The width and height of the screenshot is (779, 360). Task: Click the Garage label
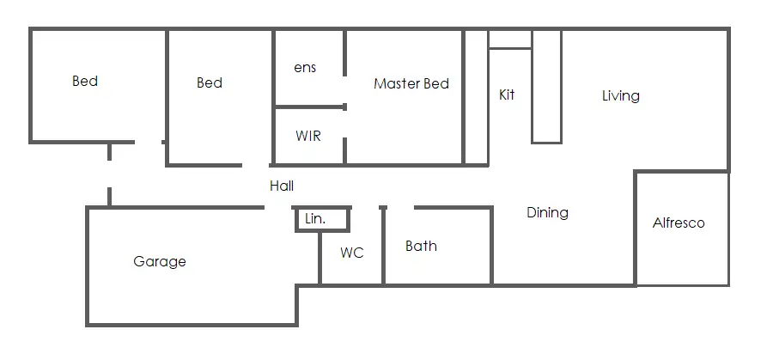[160, 262]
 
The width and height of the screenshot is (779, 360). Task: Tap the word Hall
[282, 186]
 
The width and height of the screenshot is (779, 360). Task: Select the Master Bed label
[411, 84]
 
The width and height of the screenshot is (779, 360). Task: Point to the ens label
[305, 68]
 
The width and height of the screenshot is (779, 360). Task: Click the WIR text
[308, 136]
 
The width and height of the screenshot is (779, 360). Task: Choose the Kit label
[507, 95]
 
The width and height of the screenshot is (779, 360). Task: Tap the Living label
[620, 95]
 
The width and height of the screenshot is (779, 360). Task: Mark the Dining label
[547, 213]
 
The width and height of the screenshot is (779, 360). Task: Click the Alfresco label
[679, 223]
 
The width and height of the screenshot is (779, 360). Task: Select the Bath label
[421, 247]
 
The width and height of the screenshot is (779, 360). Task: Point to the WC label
[352, 253]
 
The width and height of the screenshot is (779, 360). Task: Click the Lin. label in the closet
[315, 219]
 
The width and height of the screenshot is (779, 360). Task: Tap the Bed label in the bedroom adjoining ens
[210, 83]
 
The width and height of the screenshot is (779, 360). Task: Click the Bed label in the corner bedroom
[85, 82]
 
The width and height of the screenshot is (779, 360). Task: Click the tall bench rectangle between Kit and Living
[546, 86]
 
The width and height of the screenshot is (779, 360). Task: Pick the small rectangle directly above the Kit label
[510, 40]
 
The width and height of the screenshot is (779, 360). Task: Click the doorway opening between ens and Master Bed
[345, 89]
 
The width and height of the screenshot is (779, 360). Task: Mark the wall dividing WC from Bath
[383, 249]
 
